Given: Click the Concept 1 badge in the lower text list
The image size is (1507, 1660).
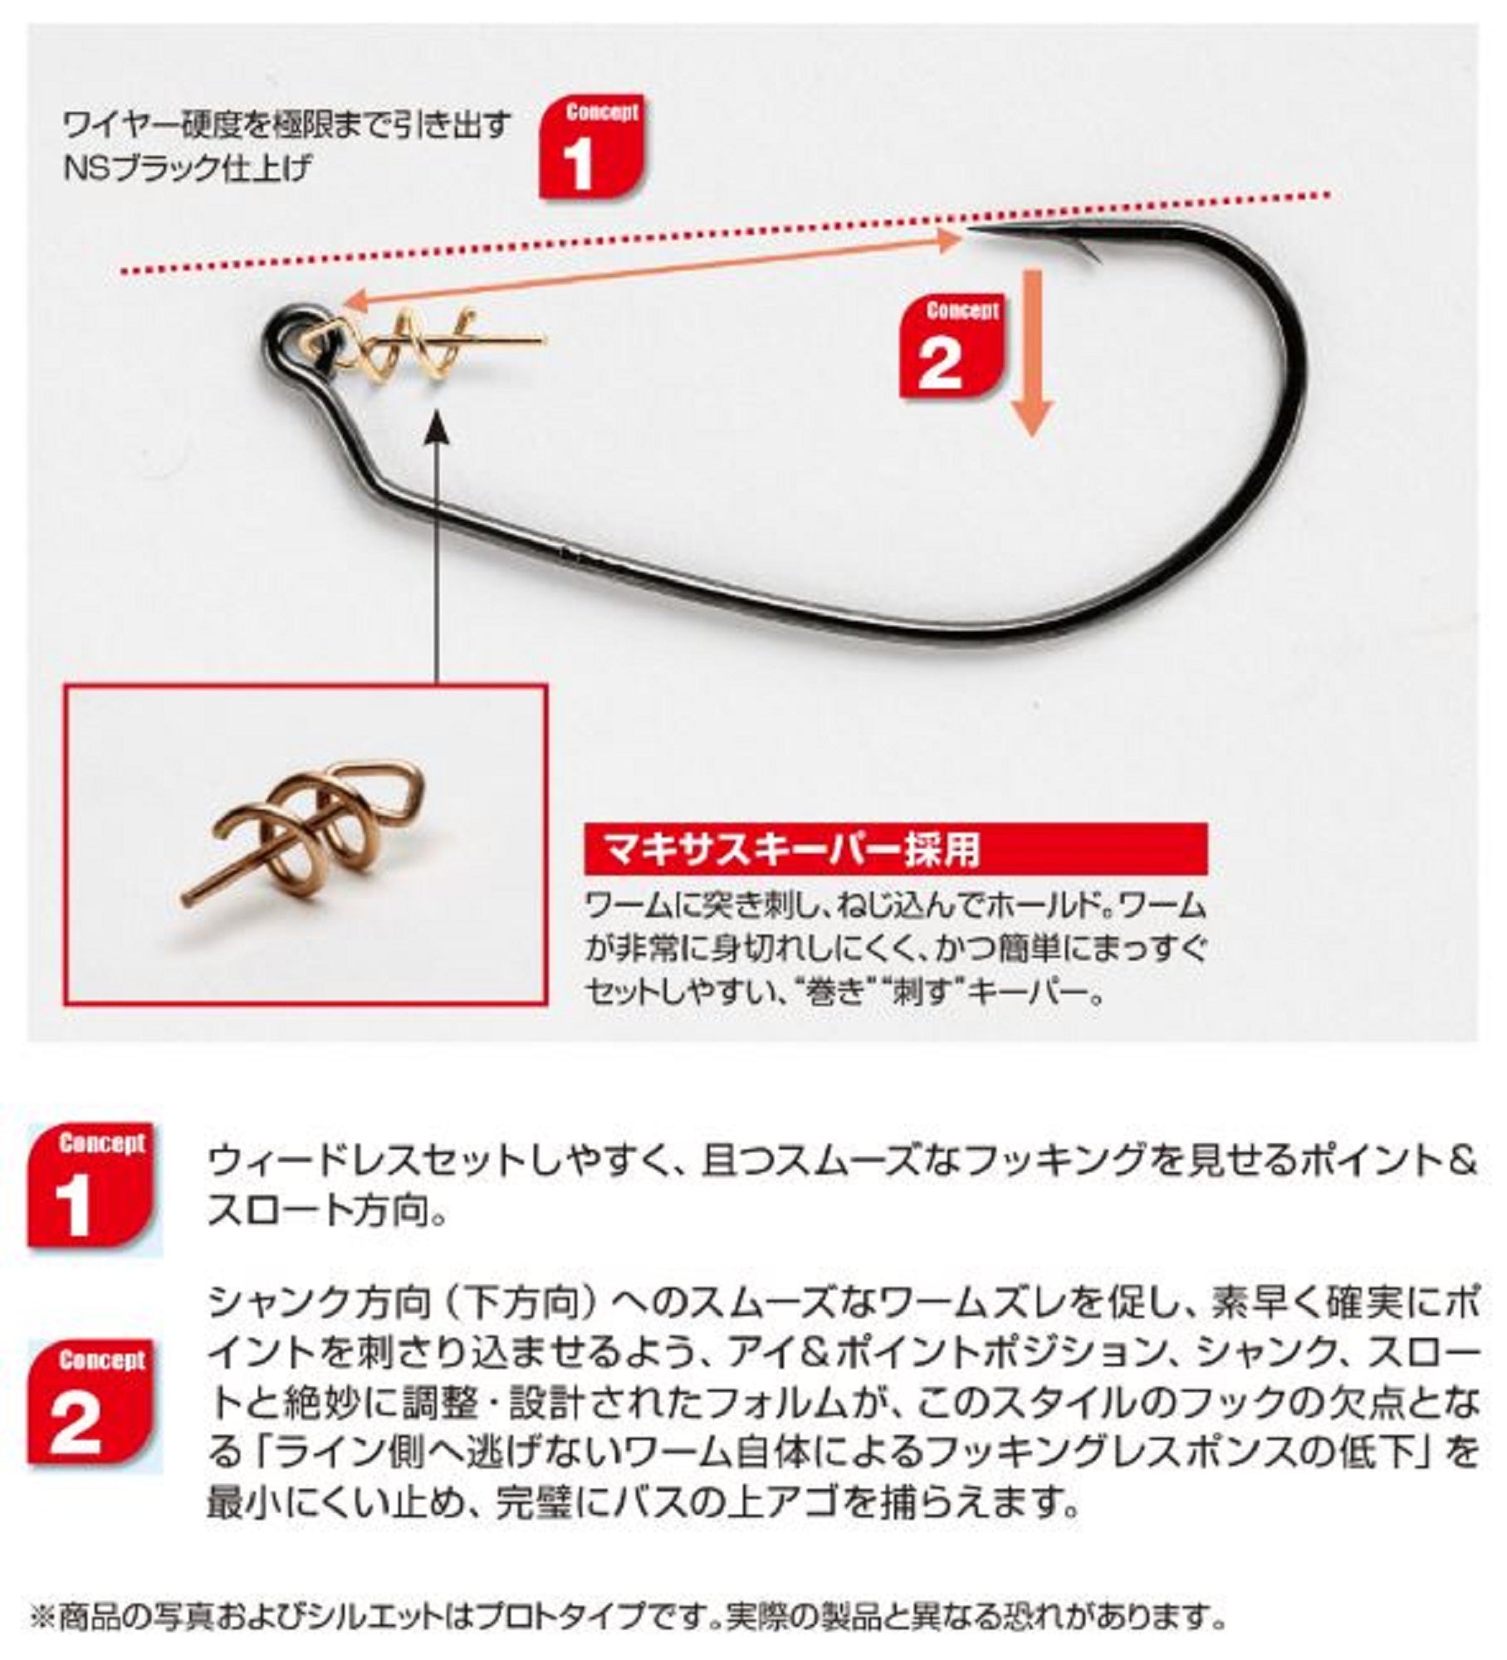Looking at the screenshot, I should click(91, 1188).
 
